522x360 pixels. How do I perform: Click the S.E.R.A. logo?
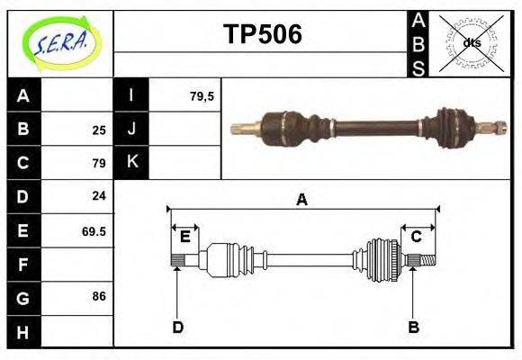[60, 42]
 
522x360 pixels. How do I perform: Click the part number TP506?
[262, 34]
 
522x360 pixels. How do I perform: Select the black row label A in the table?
[22, 95]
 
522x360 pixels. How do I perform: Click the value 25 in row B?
[98, 130]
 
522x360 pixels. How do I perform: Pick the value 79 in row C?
[98, 164]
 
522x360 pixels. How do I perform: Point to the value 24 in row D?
[98, 196]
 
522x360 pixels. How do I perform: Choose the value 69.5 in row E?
[94, 231]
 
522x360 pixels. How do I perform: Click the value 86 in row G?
[98, 296]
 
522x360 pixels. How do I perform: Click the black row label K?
[131, 162]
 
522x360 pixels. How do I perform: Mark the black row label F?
[22, 265]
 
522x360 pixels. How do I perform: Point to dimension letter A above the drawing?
[302, 200]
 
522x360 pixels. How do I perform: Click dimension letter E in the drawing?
[184, 237]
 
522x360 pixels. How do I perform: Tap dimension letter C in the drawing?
[417, 237]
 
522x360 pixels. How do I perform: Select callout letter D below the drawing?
[177, 327]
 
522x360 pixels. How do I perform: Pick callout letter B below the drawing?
[413, 327]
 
